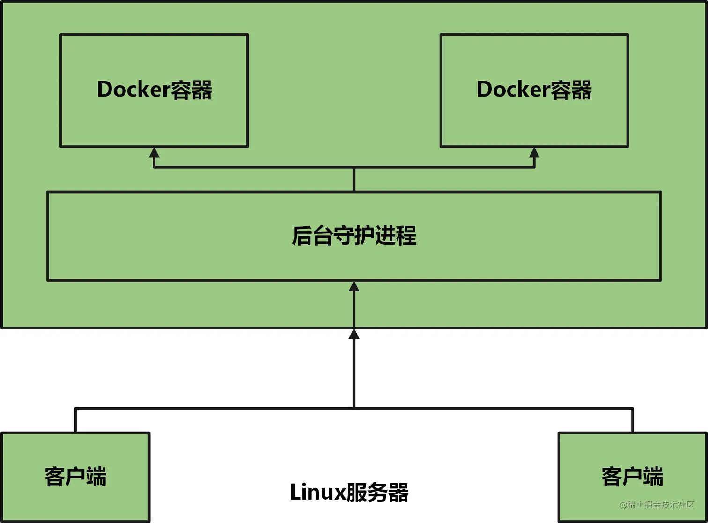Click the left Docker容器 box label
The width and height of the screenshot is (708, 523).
point(154,90)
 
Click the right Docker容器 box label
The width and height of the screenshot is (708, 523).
point(534,90)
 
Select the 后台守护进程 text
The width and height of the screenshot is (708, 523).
point(354,235)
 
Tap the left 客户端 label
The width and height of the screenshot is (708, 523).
point(75,477)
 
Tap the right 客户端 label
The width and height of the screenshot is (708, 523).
point(632,477)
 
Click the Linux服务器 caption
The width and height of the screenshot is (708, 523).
point(349,493)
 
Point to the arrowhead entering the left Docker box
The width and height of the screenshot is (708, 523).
point(154,152)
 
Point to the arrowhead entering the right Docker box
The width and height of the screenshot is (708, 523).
point(534,152)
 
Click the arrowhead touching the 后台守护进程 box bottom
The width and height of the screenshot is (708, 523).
point(354,286)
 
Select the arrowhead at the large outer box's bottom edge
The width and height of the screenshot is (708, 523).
point(354,334)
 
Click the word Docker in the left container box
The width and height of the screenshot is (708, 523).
point(133,90)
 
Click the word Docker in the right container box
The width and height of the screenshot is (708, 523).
point(513,90)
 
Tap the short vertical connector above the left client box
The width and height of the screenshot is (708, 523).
point(75,420)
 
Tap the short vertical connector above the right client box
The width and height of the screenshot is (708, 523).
point(632,420)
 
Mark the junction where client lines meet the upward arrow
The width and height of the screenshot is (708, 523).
point(354,408)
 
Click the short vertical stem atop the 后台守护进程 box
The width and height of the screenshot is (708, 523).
point(354,179)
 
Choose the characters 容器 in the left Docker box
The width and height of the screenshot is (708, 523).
point(191,90)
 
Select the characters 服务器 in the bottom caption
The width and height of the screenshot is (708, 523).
point(377,493)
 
